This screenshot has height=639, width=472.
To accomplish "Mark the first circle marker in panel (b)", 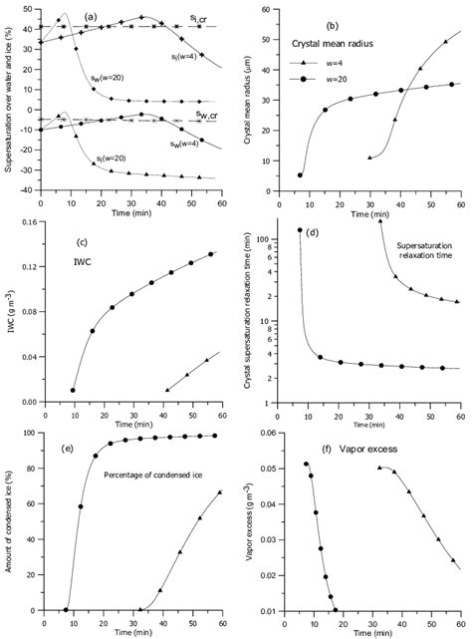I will pyautogui.click(x=301, y=175).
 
